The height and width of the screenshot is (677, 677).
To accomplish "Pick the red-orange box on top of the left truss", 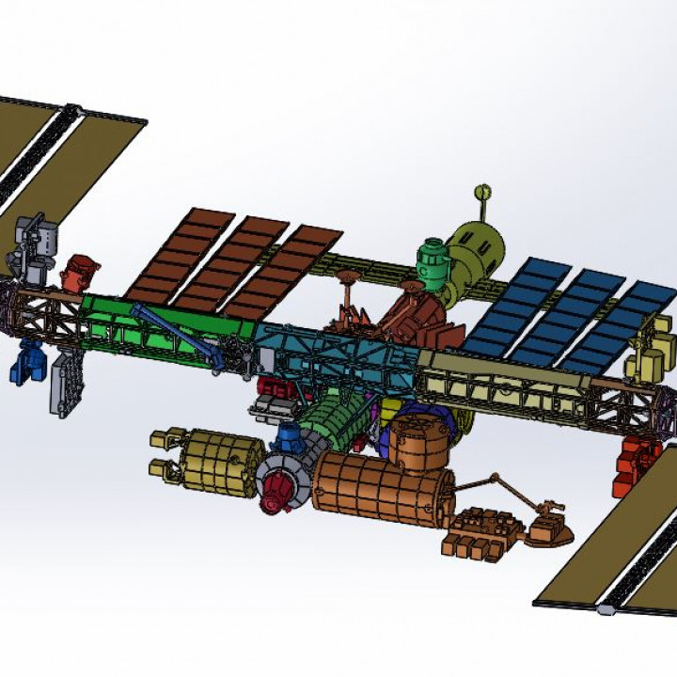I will tap(79, 273).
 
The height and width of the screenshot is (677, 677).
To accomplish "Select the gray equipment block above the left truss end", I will tap(35, 243).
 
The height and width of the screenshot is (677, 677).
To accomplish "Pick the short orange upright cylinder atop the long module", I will tap(418, 441).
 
